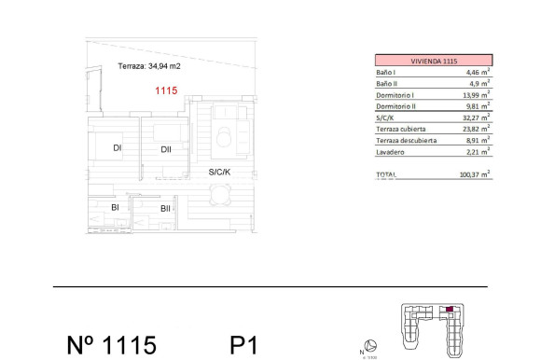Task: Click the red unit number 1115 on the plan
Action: (166, 91)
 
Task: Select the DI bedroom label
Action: (118, 148)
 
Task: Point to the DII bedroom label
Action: (165, 149)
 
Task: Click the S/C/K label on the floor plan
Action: (220, 173)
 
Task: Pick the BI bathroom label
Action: (115, 207)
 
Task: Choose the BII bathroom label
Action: (165, 208)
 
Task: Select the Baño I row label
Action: (387, 71)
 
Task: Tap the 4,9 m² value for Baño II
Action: (479, 83)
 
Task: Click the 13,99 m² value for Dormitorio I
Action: (477, 96)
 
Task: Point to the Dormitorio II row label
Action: (395, 107)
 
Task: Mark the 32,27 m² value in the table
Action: (477, 118)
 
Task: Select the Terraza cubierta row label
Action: (402, 130)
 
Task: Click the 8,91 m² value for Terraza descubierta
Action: (479, 140)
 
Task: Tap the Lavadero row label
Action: (389, 151)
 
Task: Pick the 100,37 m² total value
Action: (475, 173)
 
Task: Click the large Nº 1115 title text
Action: (111, 345)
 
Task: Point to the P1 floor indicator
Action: (243, 345)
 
